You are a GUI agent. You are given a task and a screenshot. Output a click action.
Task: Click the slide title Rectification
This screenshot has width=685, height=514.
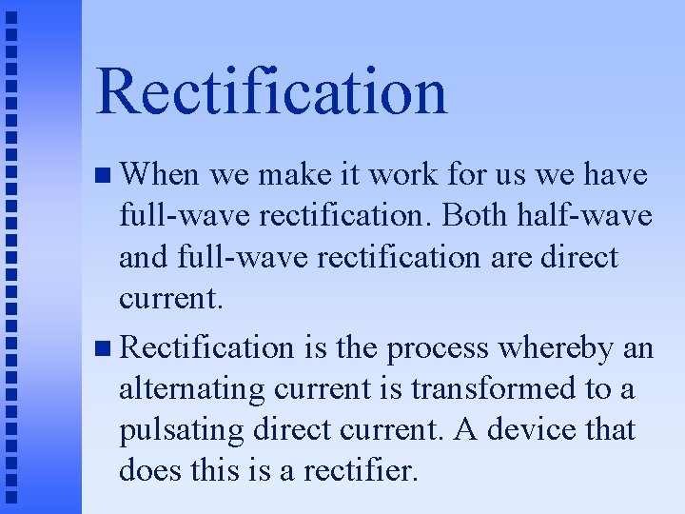(271, 92)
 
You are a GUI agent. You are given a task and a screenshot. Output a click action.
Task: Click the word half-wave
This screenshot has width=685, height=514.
(596, 216)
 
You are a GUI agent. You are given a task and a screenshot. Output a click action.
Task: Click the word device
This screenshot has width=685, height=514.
(528, 429)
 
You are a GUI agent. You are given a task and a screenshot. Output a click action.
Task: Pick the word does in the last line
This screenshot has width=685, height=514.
(147, 469)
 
